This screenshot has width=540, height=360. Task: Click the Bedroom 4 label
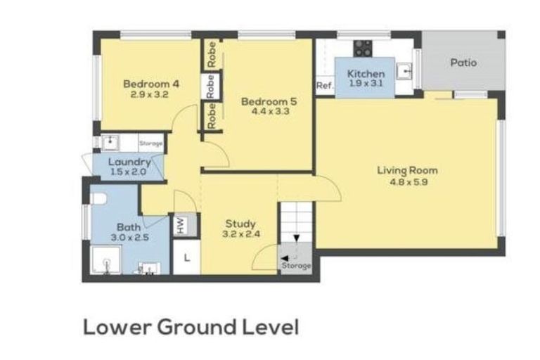[x=151, y=84]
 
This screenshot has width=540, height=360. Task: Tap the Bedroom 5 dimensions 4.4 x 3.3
[x=270, y=111]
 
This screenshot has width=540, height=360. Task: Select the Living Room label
[x=407, y=170]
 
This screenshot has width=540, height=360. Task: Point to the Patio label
[x=463, y=63]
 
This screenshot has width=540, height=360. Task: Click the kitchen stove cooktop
[x=363, y=49]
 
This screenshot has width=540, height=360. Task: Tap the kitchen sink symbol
[x=404, y=71]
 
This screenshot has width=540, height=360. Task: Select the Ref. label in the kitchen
[x=325, y=85]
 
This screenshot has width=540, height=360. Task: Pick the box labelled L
[x=186, y=257]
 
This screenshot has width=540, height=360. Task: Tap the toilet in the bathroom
[x=99, y=198]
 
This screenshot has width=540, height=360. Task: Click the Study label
[x=240, y=224]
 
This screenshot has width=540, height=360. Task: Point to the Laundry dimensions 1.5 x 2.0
[x=129, y=172]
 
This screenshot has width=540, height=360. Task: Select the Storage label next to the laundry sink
[x=151, y=143]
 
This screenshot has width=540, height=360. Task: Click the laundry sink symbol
[x=110, y=143]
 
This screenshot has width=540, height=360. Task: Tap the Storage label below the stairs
[x=296, y=266]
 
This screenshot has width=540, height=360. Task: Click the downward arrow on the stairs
[x=296, y=239]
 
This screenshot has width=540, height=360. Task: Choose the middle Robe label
[x=210, y=86]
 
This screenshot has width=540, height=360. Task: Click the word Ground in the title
[x=198, y=327]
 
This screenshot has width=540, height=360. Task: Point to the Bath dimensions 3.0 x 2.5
[x=130, y=238]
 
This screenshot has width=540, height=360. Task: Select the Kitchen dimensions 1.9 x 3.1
[x=366, y=84]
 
